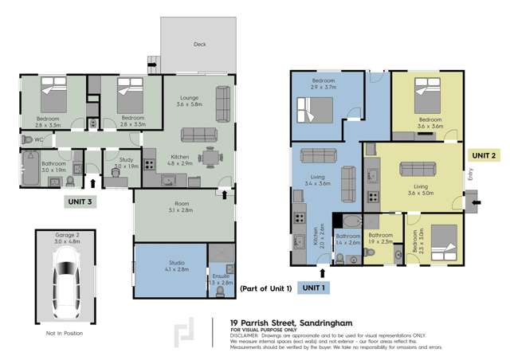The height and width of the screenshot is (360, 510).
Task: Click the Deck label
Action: (199, 45)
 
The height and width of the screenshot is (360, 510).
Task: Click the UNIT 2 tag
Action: (484, 155)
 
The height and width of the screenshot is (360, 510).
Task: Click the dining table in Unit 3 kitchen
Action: (210, 158)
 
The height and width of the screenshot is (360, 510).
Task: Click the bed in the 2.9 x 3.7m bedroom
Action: (309, 107)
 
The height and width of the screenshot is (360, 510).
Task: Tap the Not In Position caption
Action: (63, 333)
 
